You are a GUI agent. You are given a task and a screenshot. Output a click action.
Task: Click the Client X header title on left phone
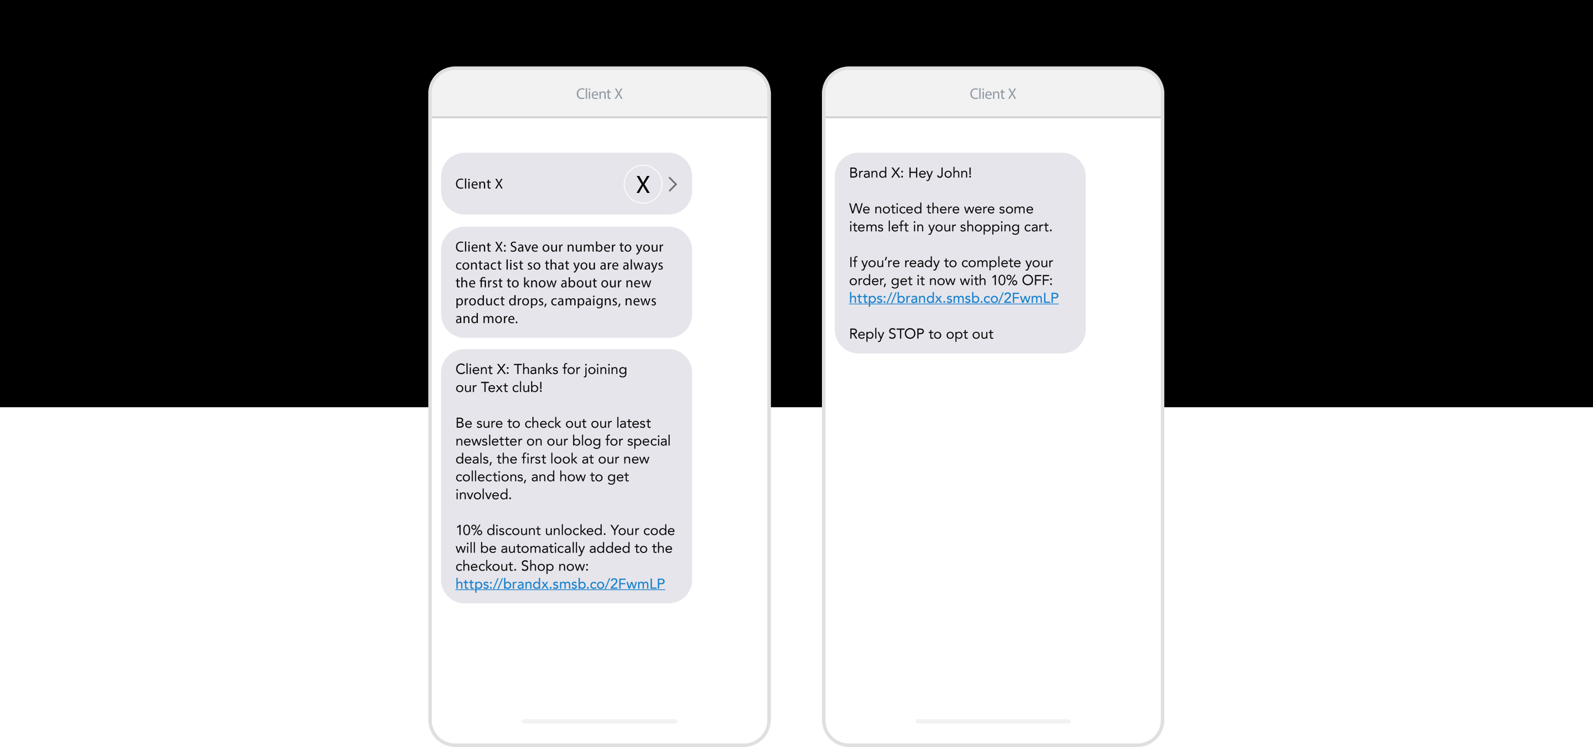coord(598,94)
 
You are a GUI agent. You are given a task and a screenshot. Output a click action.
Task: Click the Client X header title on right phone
coord(992,94)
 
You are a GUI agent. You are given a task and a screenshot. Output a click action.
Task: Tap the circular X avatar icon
coord(643,184)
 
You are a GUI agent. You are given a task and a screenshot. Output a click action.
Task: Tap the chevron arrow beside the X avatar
coord(673,184)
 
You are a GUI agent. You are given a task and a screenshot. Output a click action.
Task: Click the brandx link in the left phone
coord(560,584)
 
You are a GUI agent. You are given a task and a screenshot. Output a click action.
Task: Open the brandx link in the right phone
coord(953,299)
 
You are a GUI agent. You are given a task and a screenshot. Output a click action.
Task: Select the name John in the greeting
coord(952,173)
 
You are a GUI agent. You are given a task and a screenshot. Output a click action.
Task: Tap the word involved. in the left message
coord(483,495)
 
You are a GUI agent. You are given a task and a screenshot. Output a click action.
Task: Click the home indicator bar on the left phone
coord(598,721)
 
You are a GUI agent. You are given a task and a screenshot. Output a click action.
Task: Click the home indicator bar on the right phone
coord(992,721)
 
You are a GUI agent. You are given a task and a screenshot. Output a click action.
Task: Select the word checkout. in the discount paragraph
coord(486,567)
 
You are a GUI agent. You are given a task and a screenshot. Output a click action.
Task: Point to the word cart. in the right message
coord(1038,227)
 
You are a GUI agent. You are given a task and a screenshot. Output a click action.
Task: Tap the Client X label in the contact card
coord(478,184)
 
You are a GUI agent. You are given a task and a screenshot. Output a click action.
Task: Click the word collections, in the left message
coord(491,478)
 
